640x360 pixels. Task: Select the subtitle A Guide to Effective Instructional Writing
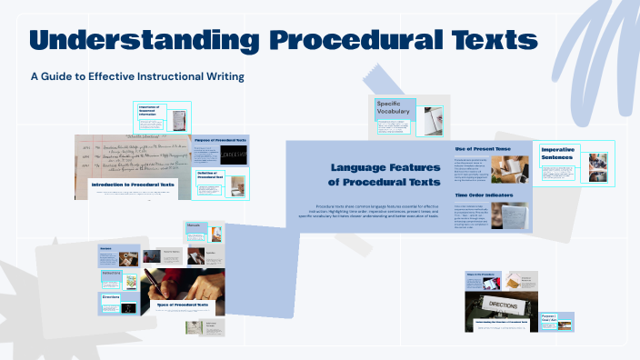coord(136,76)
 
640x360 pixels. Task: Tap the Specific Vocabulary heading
coord(394,108)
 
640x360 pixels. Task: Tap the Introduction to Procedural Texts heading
coord(133,185)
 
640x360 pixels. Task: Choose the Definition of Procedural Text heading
coord(215,175)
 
